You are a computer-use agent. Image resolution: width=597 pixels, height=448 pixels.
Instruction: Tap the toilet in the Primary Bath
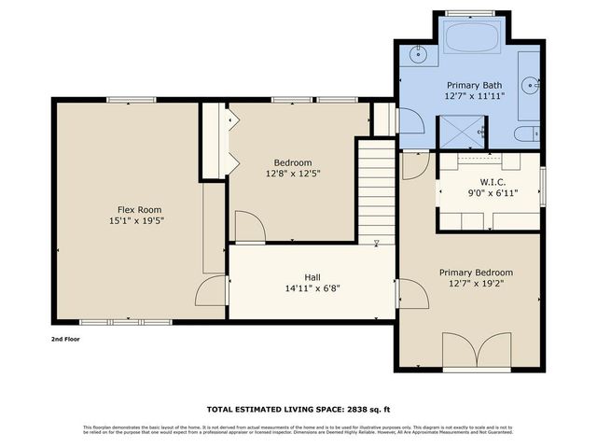coord(530,133)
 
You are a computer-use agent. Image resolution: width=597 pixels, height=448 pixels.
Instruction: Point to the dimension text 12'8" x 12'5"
coord(292,173)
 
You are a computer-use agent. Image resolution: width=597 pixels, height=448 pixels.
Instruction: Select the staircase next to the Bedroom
coord(376,190)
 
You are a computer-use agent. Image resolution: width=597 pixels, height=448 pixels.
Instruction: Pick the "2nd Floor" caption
coord(65,339)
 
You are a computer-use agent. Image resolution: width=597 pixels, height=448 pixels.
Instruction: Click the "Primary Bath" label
coord(474,84)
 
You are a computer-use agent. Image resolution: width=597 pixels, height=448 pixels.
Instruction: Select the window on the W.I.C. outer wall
coord(544,183)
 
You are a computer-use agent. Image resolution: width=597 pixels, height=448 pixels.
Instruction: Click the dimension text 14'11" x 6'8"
coord(312,288)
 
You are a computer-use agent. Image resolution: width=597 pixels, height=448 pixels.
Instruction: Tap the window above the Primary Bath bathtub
coord(470,12)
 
